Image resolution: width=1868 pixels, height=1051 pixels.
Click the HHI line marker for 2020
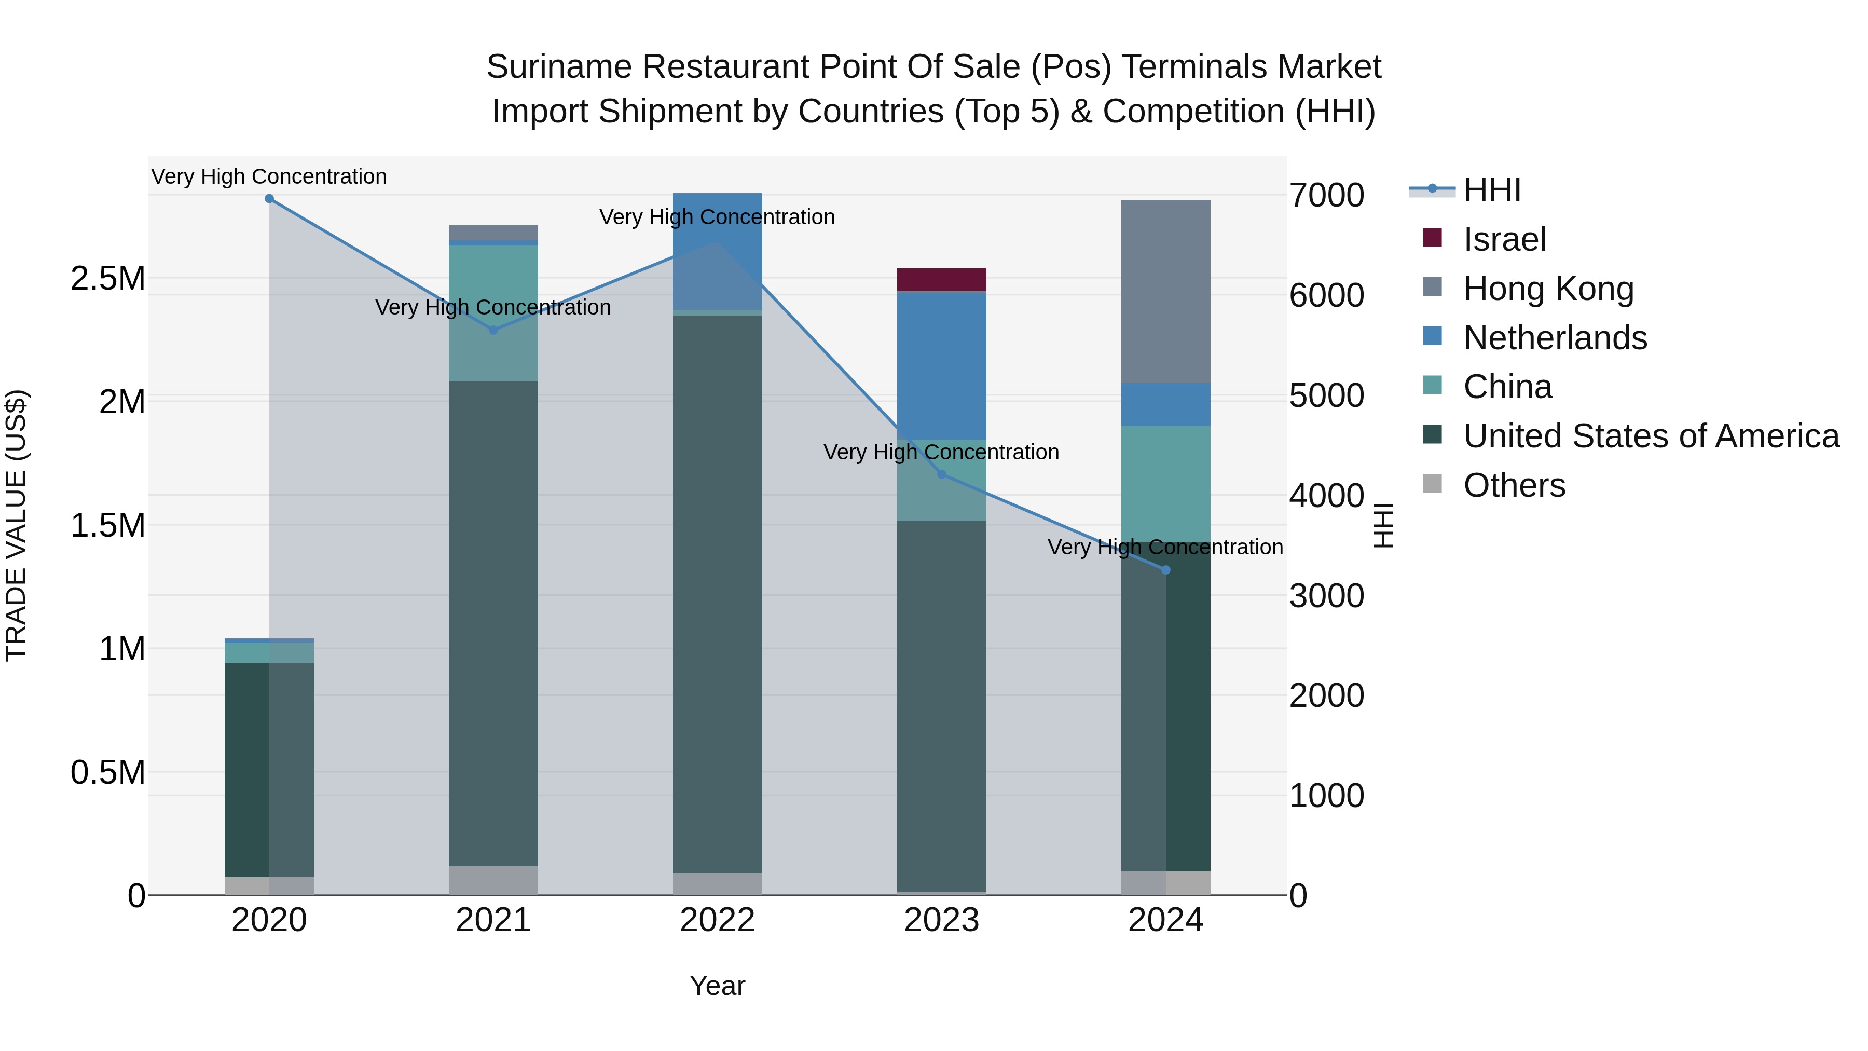(269, 199)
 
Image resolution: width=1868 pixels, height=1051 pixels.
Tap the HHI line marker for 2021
(493, 330)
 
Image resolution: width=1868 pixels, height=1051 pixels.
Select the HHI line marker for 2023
(941, 474)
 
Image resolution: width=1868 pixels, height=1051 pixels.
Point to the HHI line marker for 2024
(1165, 570)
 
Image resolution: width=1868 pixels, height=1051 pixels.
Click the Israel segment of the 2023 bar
(941, 279)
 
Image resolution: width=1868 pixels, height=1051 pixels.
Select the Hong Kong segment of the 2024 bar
(1165, 291)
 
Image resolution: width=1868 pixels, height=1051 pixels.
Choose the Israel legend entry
(1505, 239)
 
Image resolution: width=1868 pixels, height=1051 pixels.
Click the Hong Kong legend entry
(1548, 289)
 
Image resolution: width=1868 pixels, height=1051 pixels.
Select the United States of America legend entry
(1651, 436)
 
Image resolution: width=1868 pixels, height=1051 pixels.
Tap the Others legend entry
(1514, 485)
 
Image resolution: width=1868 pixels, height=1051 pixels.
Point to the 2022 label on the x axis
(717, 920)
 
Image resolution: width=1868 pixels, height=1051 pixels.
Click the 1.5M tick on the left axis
(108, 525)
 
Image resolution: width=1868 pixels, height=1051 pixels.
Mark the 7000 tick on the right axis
(1326, 195)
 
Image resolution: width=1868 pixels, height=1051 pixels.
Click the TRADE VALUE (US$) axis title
(16, 525)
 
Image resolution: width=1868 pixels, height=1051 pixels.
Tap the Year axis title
(717, 986)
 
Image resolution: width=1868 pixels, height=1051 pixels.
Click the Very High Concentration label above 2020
(269, 176)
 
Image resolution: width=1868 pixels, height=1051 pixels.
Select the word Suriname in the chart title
(558, 67)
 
